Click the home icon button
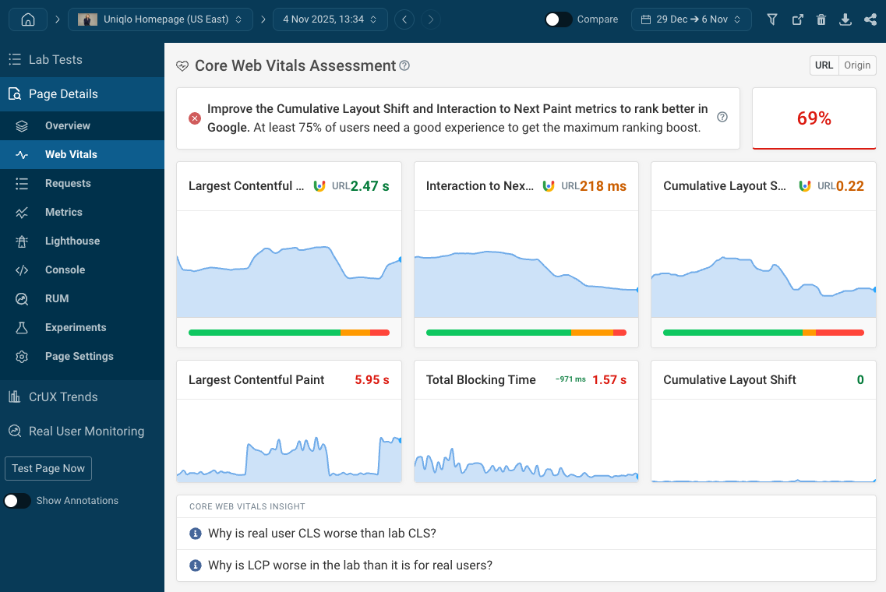(28, 19)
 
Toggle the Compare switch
(558, 19)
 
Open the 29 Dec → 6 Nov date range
(691, 19)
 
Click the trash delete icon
(821, 20)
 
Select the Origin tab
(857, 65)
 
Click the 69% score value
(814, 118)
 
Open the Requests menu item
(68, 183)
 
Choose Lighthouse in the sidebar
(72, 241)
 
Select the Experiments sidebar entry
(76, 327)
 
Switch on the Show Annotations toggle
(17, 501)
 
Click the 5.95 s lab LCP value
(372, 380)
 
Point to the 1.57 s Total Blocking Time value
(609, 380)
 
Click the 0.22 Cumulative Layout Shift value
(850, 186)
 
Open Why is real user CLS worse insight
(322, 534)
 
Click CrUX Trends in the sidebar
(63, 396)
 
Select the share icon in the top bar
(870, 20)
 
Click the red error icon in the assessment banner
(195, 118)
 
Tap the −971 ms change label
(570, 379)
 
